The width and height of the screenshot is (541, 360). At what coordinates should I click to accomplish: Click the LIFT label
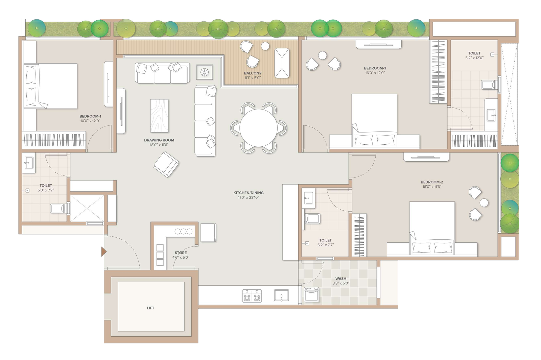(x=150, y=308)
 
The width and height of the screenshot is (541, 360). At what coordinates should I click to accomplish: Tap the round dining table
(x=258, y=128)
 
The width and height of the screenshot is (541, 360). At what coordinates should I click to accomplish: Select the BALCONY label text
(x=253, y=73)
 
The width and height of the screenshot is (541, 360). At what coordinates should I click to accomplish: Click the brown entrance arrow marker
(x=104, y=251)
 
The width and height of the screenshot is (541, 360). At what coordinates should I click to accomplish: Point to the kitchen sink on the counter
(x=281, y=295)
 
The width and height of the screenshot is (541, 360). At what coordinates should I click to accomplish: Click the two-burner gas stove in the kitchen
(x=252, y=296)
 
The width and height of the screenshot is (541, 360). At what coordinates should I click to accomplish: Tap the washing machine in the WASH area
(x=311, y=294)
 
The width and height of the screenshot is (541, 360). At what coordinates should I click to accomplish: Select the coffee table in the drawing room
(x=159, y=116)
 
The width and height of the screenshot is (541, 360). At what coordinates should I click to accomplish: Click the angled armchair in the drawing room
(x=166, y=164)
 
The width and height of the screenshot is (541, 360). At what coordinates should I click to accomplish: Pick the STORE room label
(x=181, y=253)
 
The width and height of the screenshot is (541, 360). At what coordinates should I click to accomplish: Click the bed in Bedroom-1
(x=51, y=86)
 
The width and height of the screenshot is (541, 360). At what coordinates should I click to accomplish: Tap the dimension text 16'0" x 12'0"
(x=375, y=73)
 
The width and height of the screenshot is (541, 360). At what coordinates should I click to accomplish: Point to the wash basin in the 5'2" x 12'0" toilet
(x=491, y=115)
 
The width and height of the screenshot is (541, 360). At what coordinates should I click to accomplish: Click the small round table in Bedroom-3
(x=323, y=55)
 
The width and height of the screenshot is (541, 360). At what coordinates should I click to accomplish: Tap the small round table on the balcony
(x=265, y=46)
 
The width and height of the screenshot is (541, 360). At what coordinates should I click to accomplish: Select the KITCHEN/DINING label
(x=249, y=193)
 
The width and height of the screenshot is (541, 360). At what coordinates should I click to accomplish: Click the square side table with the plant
(x=205, y=72)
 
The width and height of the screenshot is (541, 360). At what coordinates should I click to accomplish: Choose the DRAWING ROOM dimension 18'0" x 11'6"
(x=159, y=145)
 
